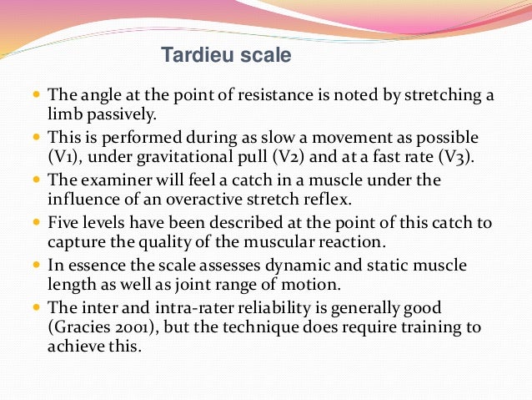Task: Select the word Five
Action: coord(63,223)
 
